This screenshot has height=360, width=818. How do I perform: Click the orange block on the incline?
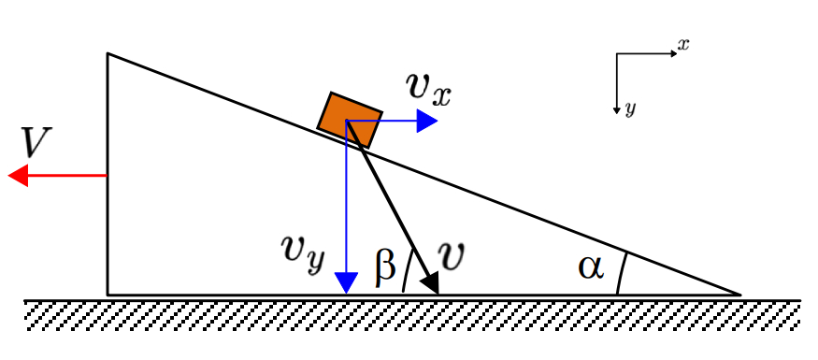[350, 121]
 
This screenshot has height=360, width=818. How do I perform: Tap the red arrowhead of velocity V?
[18, 175]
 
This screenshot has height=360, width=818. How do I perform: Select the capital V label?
[36, 142]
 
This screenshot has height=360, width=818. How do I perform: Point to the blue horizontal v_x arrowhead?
[426, 121]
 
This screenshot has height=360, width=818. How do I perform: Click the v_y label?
[303, 249]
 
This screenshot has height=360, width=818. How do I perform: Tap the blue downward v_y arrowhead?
[347, 282]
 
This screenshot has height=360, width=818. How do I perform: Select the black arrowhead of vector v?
[431, 284]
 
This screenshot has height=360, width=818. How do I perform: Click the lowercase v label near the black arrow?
[451, 255]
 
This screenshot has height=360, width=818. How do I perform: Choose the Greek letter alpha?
[591, 267]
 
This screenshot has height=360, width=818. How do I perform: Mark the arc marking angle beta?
[407, 272]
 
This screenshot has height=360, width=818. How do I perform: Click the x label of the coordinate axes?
[682, 45]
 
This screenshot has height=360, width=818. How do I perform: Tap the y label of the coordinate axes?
[630, 109]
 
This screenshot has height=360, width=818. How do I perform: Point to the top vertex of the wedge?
[108, 53]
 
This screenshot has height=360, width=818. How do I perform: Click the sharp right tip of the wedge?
[740, 295]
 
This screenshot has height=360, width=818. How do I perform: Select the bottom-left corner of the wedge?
[108, 295]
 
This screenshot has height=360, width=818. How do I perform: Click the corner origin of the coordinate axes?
[617, 53]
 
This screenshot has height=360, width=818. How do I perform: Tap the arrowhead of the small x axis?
[673, 53]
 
